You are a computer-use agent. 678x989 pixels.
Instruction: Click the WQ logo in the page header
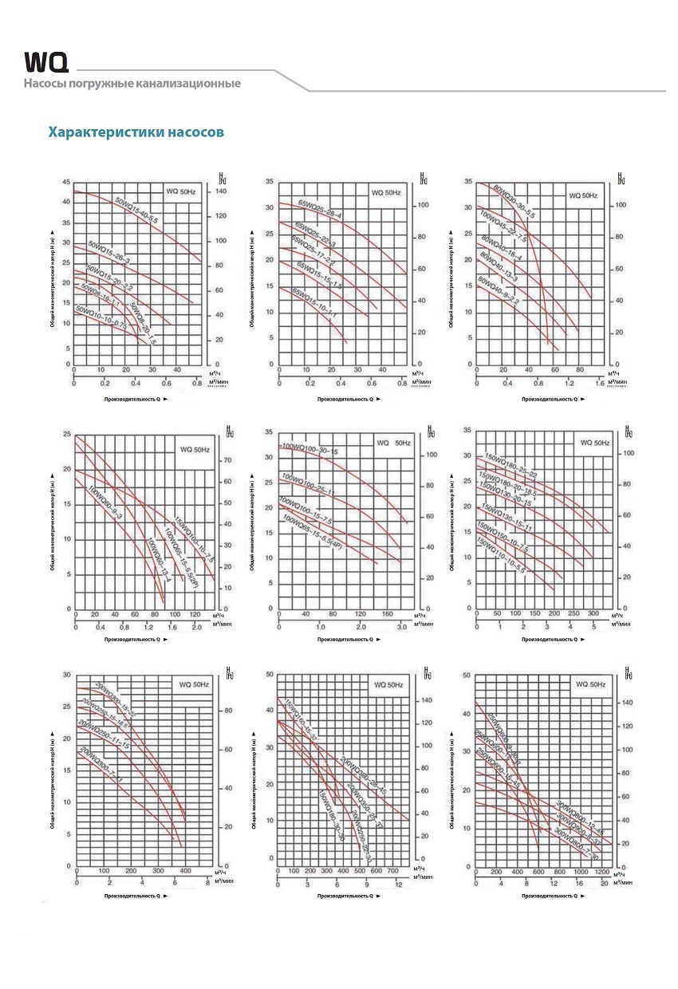point(46,62)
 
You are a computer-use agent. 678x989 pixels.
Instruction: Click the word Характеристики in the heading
point(106,131)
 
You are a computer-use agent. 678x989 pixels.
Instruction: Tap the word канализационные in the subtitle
point(186,83)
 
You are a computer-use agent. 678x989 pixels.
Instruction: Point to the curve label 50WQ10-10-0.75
point(102,319)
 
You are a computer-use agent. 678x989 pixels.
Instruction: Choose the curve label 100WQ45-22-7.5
point(503,226)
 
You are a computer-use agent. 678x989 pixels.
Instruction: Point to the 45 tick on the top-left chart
point(66,182)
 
